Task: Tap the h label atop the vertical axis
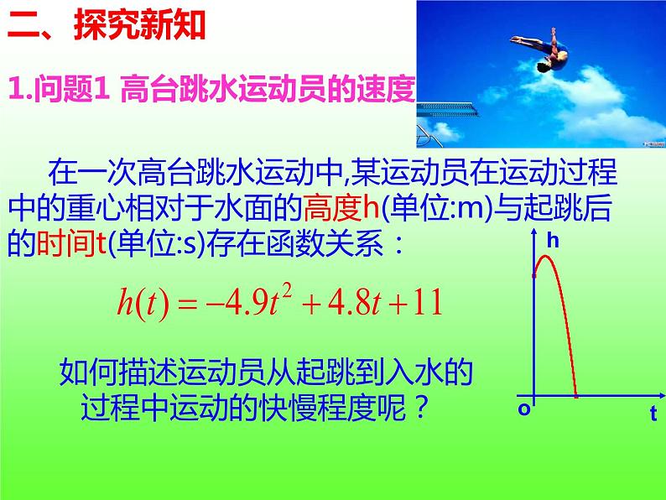point(552,241)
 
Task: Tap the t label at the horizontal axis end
point(653,412)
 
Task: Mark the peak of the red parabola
point(548,255)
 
